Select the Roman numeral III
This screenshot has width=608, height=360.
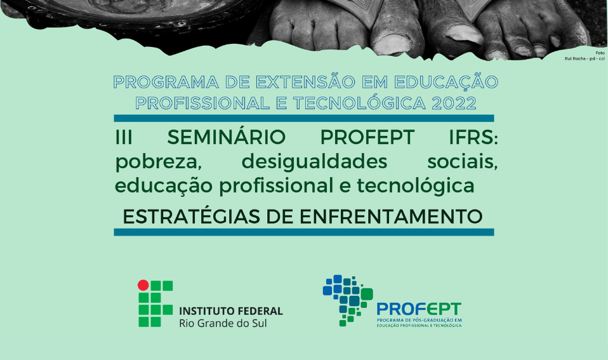[124, 137]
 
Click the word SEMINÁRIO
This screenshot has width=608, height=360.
[227, 137]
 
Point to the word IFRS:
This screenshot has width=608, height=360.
[473, 137]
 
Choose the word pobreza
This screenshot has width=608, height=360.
[159, 162]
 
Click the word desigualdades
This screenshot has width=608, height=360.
[314, 161]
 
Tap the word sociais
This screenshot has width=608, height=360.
[463, 161]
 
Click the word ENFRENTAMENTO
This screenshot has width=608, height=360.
[391, 217]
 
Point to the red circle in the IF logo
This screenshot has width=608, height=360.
[143, 286]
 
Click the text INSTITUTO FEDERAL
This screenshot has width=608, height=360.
[231, 311]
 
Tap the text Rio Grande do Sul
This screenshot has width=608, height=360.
[223, 323]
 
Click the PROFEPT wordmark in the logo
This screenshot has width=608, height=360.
[419, 309]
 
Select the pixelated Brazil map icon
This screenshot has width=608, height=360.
[348, 300]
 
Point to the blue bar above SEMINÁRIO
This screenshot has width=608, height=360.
[304, 118]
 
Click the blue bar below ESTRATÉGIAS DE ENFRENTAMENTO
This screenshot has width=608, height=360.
[304, 232]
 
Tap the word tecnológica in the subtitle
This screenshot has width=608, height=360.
[416, 185]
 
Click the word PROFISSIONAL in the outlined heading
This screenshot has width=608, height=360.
[202, 103]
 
